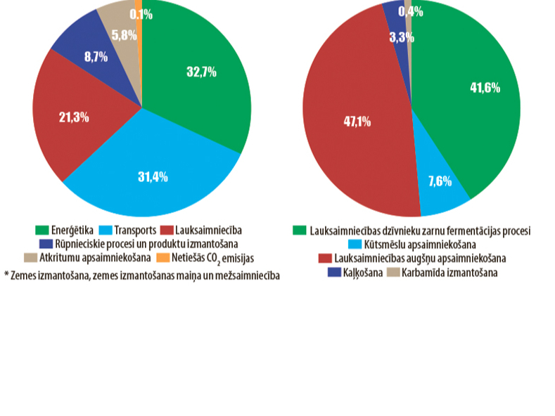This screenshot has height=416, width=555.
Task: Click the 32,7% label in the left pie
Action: point(201,72)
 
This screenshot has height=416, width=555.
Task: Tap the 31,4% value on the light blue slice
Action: point(153,176)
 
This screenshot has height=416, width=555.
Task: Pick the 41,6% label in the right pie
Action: point(485,87)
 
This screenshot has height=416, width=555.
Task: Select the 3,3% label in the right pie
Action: point(402,37)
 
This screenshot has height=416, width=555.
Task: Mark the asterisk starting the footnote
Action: point(6,275)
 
